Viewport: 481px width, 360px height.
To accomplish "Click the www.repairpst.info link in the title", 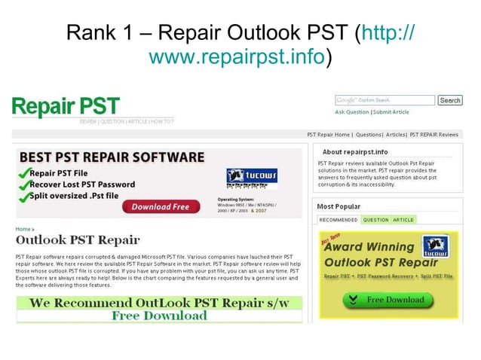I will (238, 56).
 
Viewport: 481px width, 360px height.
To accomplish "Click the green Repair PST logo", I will (66, 107).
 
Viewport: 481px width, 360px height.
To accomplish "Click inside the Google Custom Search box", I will (384, 100).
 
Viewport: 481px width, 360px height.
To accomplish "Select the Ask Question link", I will (352, 112).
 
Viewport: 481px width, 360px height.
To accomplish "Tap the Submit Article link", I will (391, 112).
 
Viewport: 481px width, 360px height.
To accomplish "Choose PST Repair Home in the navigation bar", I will (329, 135).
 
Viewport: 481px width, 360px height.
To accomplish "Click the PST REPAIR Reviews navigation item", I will (434, 135).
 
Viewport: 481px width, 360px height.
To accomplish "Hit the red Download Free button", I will (160, 206).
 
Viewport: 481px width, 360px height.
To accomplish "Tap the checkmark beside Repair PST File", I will (23, 172).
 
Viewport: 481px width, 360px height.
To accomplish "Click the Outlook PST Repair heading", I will (78, 240).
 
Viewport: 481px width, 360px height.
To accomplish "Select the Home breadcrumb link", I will (23, 229).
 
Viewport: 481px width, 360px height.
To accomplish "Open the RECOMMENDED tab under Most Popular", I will (338, 220).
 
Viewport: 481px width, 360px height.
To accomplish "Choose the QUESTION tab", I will (375, 220).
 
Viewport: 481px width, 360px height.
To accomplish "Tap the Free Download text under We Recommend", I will (159, 316).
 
